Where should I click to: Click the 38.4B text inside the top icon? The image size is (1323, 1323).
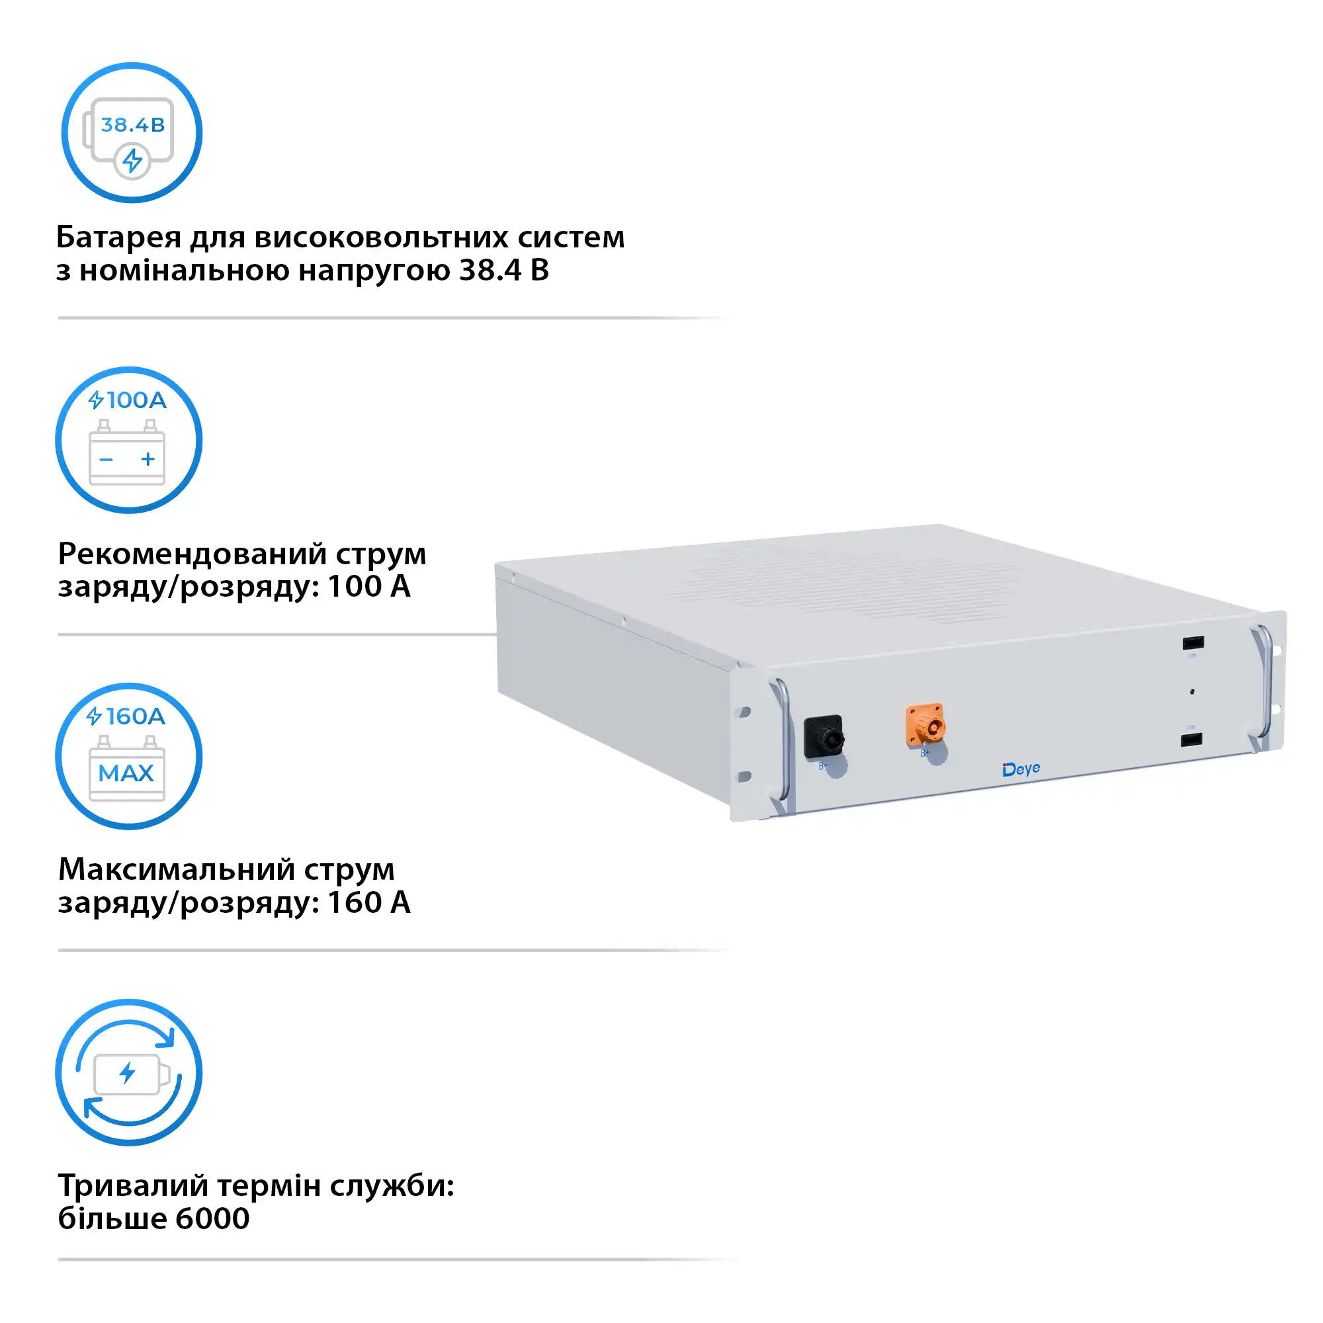(132, 125)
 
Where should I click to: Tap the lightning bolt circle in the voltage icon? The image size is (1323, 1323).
(132, 161)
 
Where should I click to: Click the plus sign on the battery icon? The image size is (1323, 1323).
(148, 459)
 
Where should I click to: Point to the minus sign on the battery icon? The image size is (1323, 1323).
(106, 460)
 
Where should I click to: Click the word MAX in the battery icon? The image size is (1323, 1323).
(126, 773)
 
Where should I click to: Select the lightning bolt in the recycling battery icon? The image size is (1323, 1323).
(128, 1073)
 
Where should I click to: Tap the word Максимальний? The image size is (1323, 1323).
(176, 869)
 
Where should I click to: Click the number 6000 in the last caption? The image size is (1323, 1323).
(212, 1218)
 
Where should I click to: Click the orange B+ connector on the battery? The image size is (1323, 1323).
(925, 724)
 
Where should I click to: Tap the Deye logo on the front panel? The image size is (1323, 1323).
(1020, 770)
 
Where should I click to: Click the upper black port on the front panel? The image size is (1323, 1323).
(1193, 643)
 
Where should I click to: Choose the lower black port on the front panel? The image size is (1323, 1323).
(1191, 740)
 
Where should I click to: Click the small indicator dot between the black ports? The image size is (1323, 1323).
(1192, 692)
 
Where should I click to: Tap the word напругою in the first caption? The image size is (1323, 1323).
(374, 271)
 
